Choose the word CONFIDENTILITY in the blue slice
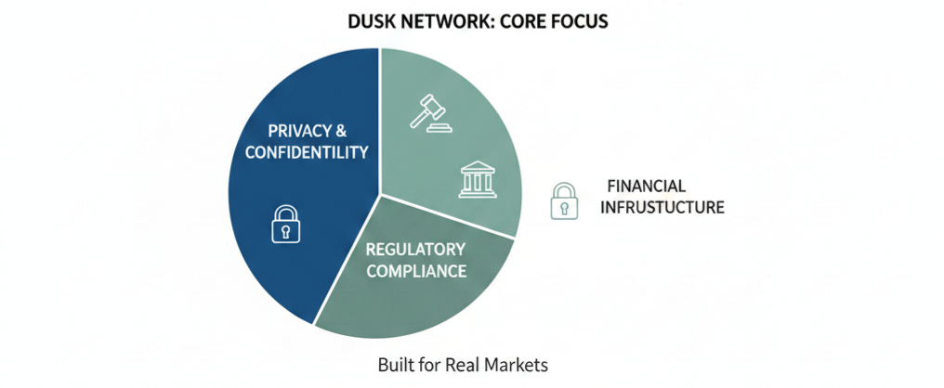click(x=307, y=152)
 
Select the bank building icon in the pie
click(x=476, y=179)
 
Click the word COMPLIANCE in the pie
click(x=415, y=271)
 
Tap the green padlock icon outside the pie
click(x=563, y=200)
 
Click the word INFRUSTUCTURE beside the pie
click(x=662, y=207)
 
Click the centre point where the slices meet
click(x=379, y=194)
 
